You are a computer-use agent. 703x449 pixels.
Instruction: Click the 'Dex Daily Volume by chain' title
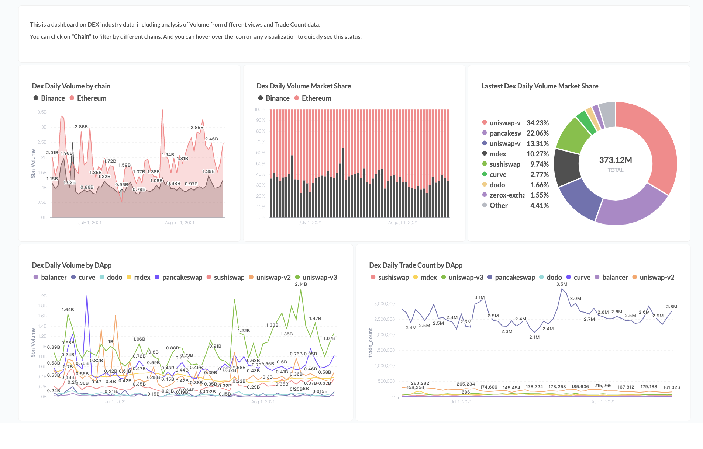click(x=71, y=86)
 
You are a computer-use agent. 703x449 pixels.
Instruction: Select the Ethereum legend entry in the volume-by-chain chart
click(x=91, y=98)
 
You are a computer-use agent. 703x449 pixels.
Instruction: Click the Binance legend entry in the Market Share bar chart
click(x=277, y=98)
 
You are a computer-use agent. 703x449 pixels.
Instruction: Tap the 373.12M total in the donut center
click(x=615, y=160)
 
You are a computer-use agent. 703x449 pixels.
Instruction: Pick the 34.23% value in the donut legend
click(x=537, y=123)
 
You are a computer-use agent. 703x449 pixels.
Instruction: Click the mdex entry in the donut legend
click(x=497, y=154)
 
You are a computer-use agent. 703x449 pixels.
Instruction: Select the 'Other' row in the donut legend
click(x=498, y=205)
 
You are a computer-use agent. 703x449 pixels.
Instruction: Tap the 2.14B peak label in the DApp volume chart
click(x=301, y=284)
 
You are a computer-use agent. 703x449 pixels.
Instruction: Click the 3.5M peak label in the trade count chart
click(x=562, y=284)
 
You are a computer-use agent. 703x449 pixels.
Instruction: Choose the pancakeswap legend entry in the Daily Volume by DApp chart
click(x=182, y=277)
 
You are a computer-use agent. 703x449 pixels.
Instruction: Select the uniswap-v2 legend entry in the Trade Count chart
click(x=657, y=277)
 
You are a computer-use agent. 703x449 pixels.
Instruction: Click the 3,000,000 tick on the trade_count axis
click(x=384, y=304)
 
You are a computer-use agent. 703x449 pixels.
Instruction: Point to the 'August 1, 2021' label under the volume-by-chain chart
click(x=179, y=223)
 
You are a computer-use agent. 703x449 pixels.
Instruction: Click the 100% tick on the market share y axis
click(x=260, y=109)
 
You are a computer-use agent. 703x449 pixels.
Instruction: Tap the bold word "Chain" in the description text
click(x=81, y=36)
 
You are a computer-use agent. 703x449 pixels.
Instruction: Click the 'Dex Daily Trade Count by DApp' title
click(x=416, y=265)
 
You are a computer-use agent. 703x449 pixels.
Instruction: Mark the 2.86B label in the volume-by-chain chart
click(x=81, y=127)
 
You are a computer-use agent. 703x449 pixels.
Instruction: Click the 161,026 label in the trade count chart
click(x=671, y=387)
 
